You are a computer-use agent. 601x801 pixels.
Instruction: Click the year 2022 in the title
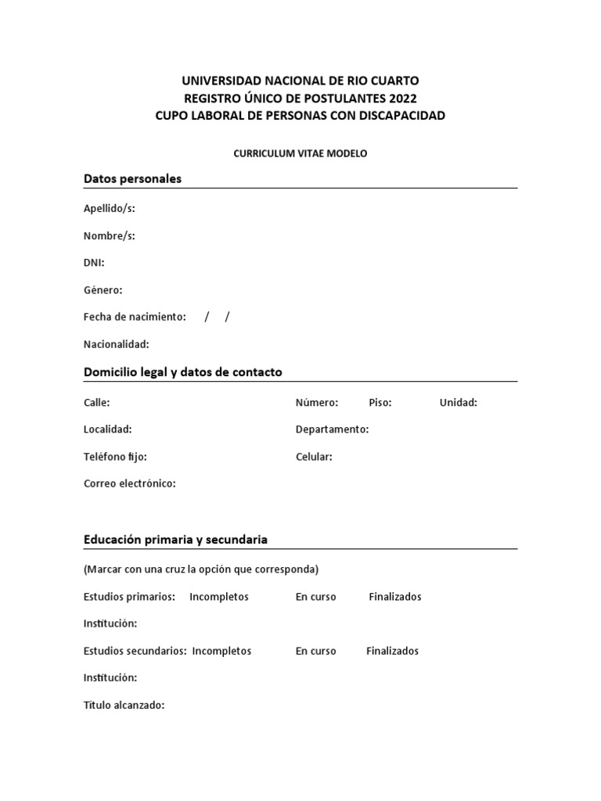402,98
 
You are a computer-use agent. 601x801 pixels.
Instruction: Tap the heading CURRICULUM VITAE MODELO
300,153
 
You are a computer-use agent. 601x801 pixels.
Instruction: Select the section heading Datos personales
132,178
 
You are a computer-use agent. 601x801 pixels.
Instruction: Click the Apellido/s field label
110,208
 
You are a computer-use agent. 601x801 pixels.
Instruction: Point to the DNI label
94,263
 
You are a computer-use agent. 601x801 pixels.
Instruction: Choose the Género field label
103,290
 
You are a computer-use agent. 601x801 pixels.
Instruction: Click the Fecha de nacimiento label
135,317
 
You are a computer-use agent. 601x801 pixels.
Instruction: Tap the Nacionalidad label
116,344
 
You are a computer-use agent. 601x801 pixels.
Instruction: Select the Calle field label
96,403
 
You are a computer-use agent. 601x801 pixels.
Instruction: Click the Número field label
317,403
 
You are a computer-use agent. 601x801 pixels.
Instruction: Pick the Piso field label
380,403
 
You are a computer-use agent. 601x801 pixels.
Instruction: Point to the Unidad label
459,403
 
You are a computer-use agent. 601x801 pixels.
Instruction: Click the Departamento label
332,429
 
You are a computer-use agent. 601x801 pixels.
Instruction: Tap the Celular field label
314,457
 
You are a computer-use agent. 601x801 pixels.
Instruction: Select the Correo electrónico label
130,483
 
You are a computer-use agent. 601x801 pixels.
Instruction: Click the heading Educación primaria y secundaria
175,540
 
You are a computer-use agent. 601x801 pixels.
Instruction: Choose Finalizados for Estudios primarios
395,597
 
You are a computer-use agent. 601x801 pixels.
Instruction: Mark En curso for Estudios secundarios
316,651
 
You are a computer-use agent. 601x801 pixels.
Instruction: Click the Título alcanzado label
124,705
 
